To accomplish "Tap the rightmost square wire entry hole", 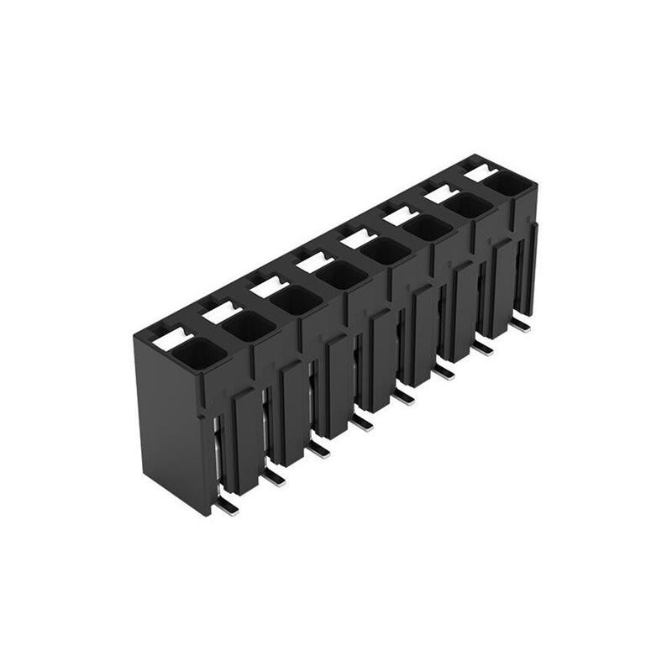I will coord(507,182).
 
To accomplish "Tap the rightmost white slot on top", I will coord(480,172).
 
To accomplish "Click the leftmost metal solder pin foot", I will coord(226,506).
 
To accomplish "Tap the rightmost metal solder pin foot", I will coord(521,323).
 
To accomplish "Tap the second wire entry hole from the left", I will coord(249,327).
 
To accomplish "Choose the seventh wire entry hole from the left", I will coord(468,204).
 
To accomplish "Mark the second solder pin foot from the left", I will coord(273,477).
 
